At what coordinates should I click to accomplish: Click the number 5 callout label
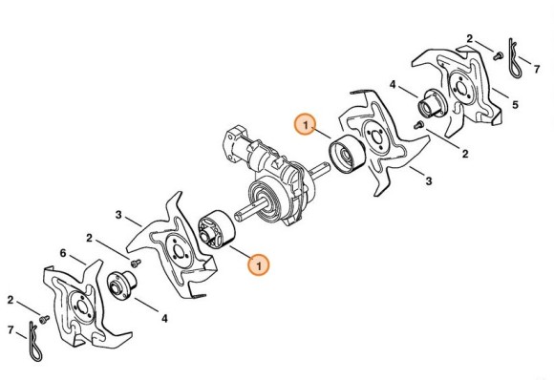click(x=515, y=104)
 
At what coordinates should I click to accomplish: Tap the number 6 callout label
click(x=63, y=253)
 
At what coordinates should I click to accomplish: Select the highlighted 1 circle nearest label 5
click(x=306, y=125)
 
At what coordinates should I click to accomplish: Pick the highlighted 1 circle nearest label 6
click(x=259, y=264)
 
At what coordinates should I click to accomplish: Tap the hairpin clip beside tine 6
click(x=35, y=342)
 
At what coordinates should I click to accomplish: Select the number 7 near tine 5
click(x=537, y=69)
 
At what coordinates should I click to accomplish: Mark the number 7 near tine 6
click(x=11, y=330)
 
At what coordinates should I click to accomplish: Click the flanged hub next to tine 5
click(x=432, y=103)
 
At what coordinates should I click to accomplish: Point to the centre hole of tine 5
click(x=461, y=88)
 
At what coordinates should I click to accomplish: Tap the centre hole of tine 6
click(x=82, y=306)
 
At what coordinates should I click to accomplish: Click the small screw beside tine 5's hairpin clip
click(x=498, y=55)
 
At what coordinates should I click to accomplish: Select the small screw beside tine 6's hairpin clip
click(x=45, y=319)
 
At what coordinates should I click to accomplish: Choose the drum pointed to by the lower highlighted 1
click(x=217, y=229)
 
